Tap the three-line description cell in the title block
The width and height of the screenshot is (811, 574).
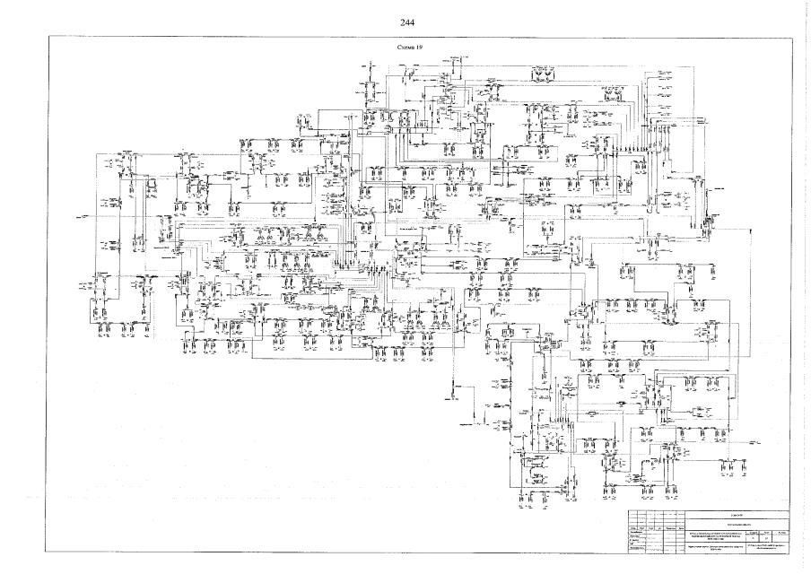point(717,535)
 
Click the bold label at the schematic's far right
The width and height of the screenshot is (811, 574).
point(719,191)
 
